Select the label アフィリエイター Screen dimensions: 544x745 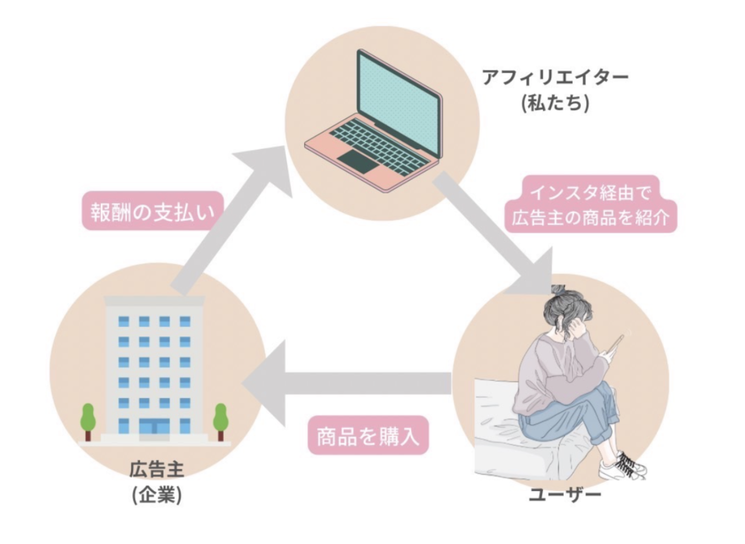[x=555, y=77]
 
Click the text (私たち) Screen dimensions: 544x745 [x=555, y=103]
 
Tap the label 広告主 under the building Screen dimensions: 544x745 [x=157, y=470]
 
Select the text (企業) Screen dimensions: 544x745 [x=157, y=495]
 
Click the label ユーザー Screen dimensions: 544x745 [x=564, y=494]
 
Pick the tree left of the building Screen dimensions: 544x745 [x=88, y=420]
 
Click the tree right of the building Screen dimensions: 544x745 [x=220, y=420]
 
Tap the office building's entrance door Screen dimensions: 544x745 [x=155, y=427]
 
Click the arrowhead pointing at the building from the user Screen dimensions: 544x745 [x=267, y=383]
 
